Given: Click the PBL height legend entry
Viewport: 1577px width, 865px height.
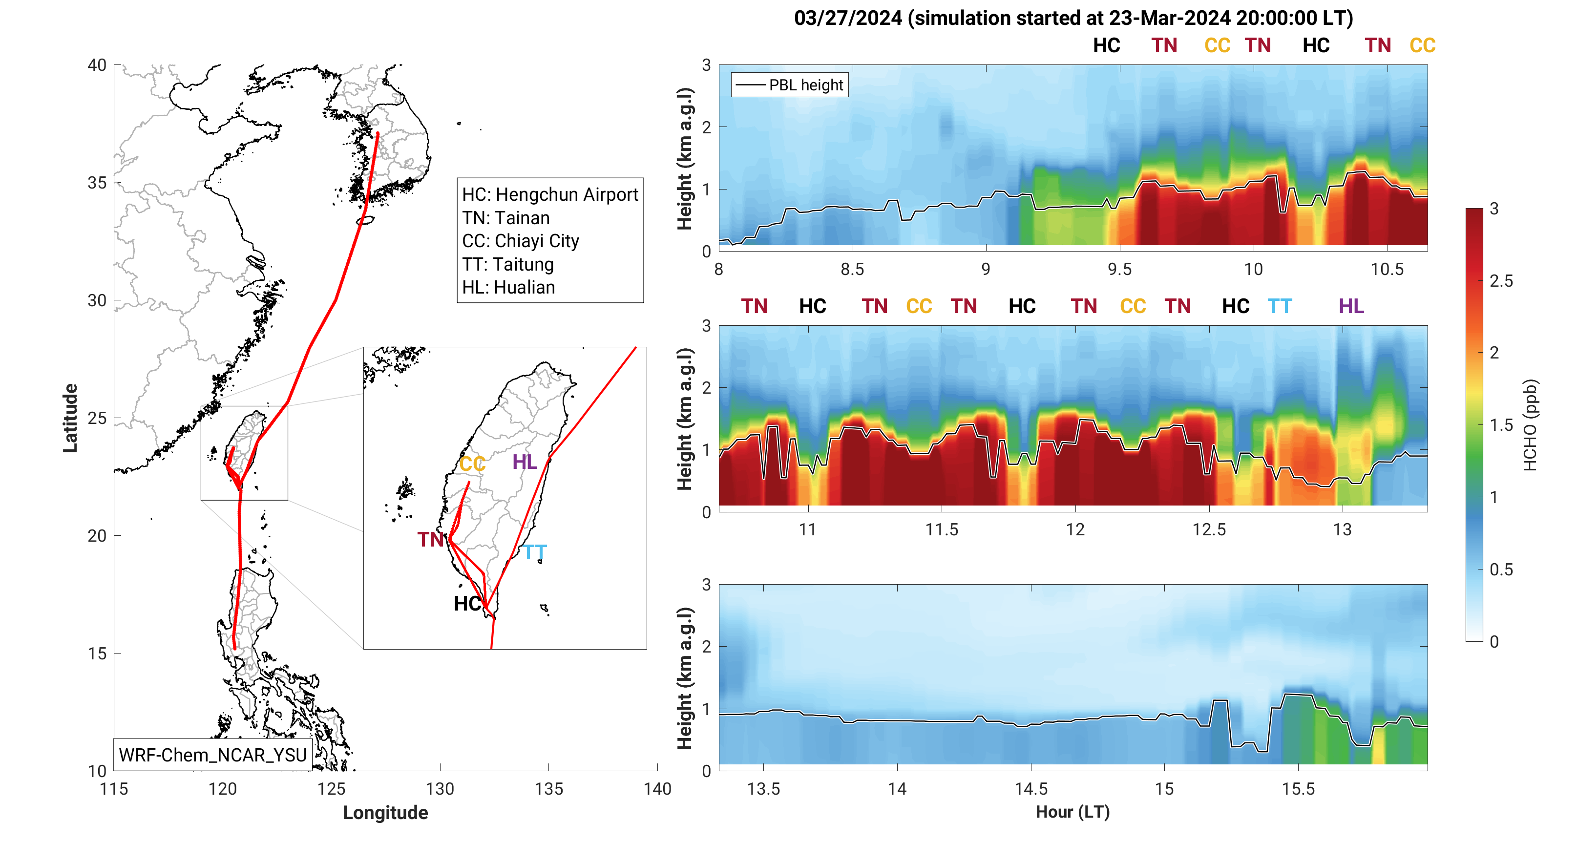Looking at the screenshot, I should click(x=790, y=85).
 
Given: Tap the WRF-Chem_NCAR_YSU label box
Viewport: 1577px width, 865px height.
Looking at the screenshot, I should click(x=212, y=755).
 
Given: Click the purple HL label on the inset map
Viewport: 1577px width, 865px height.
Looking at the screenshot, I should click(x=525, y=462).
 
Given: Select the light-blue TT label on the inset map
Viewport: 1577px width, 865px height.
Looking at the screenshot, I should click(x=534, y=552).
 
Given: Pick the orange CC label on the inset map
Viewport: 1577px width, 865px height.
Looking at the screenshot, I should click(x=472, y=464).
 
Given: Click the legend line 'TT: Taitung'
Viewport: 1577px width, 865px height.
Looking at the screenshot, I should click(x=507, y=264).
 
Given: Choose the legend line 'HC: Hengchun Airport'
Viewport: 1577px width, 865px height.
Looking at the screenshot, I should click(x=550, y=195).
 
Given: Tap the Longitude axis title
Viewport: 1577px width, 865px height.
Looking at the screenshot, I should click(x=385, y=812).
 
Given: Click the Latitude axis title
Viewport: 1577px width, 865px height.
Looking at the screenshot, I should click(x=70, y=418).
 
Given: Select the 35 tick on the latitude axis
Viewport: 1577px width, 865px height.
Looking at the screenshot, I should click(x=97, y=183).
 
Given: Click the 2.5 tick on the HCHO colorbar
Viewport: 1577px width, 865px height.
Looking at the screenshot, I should click(x=1501, y=281).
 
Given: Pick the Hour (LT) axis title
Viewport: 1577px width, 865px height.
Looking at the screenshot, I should click(x=1072, y=812).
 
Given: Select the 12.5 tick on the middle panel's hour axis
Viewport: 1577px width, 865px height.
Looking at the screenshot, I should click(x=1209, y=529).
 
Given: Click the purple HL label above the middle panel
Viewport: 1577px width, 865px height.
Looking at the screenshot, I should click(x=1351, y=306).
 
